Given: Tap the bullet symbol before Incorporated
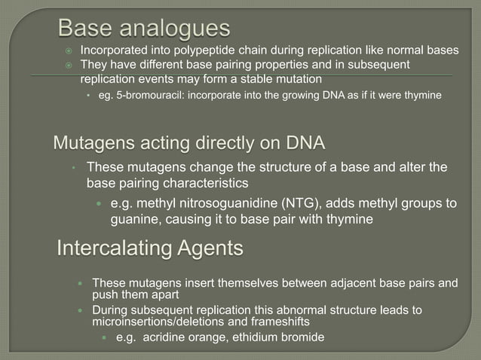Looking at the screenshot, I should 67,51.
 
